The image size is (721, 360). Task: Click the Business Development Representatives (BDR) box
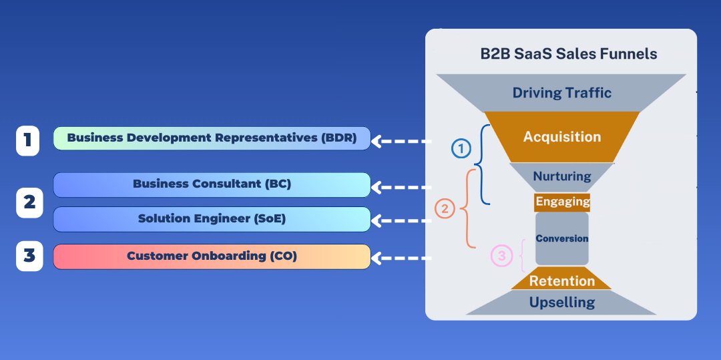pos(212,138)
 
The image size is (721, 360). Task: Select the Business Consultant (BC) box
pos(212,185)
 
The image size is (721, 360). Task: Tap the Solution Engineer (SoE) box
pos(212,219)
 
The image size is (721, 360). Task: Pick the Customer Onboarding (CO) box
pos(212,256)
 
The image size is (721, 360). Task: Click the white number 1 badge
pos(28,140)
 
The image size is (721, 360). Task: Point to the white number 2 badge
pos(29,202)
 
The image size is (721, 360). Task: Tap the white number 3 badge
pos(29,256)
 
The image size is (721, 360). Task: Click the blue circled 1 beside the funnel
pos(461,148)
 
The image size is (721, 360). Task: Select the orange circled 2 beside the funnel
pos(445,209)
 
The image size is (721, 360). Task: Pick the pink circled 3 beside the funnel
pos(501,256)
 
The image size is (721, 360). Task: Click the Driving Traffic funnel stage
pos(561,93)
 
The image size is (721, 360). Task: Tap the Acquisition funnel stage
pos(562,137)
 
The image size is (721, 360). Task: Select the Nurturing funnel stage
pos(562,177)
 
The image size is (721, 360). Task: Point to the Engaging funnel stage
pos(562,202)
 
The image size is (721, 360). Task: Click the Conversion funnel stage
pos(562,238)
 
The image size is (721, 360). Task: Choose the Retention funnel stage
pos(562,279)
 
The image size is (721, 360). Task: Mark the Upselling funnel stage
pos(562,303)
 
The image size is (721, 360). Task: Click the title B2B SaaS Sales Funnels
pos(568,54)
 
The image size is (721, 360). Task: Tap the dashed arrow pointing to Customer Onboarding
pos(401,258)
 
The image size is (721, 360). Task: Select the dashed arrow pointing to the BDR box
pos(401,141)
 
